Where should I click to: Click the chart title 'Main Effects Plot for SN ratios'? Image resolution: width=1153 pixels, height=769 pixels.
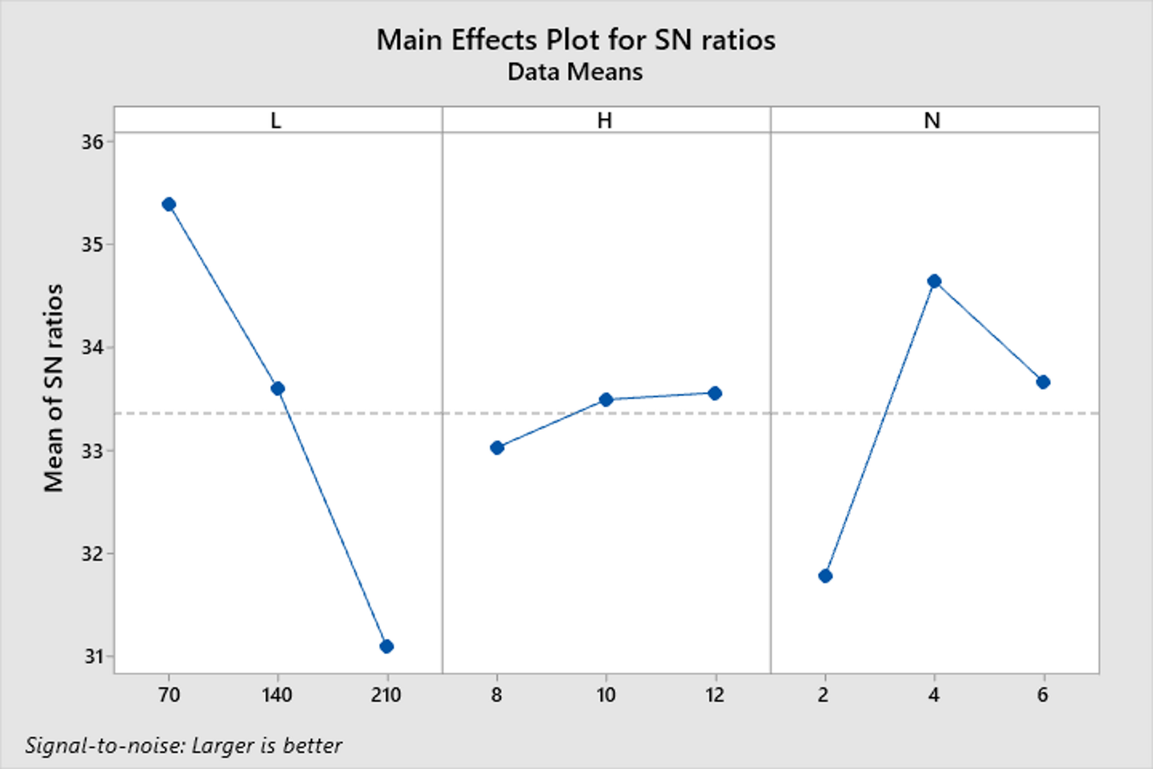pos(575,40)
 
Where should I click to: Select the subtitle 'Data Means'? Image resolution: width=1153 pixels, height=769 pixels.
pos(575,72)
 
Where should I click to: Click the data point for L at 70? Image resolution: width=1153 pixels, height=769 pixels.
pos(169,204)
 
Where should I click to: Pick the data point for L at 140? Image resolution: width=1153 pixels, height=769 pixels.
pos(278,389)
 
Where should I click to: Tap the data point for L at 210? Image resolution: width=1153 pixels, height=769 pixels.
pos(386,647)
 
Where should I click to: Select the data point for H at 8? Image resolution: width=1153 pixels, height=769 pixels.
pos(497,448)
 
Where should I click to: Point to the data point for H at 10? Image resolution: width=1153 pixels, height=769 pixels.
pos(606,400)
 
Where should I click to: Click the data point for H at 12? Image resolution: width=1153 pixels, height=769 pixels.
pos(715,393)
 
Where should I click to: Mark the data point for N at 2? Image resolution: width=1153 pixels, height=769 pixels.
pos(825,576)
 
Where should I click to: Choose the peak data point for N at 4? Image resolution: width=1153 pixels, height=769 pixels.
pos(934,281)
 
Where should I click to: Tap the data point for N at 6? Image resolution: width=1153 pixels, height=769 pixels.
pos(1043,382)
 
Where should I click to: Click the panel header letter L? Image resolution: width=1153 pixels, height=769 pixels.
pos(276,121)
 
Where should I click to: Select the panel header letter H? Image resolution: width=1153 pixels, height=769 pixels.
pos(605,121)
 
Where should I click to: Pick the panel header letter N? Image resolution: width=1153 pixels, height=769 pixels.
pos(932,121)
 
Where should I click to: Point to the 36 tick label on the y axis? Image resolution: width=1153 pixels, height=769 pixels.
pos(92,142)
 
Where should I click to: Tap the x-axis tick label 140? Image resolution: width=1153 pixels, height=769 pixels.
pos(277,695)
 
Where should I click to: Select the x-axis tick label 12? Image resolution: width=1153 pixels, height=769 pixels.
pos(715,695)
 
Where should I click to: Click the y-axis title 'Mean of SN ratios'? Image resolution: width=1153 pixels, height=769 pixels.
pos(53,388)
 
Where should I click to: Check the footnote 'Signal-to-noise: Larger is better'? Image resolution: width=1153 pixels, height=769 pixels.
pos(184,745)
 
